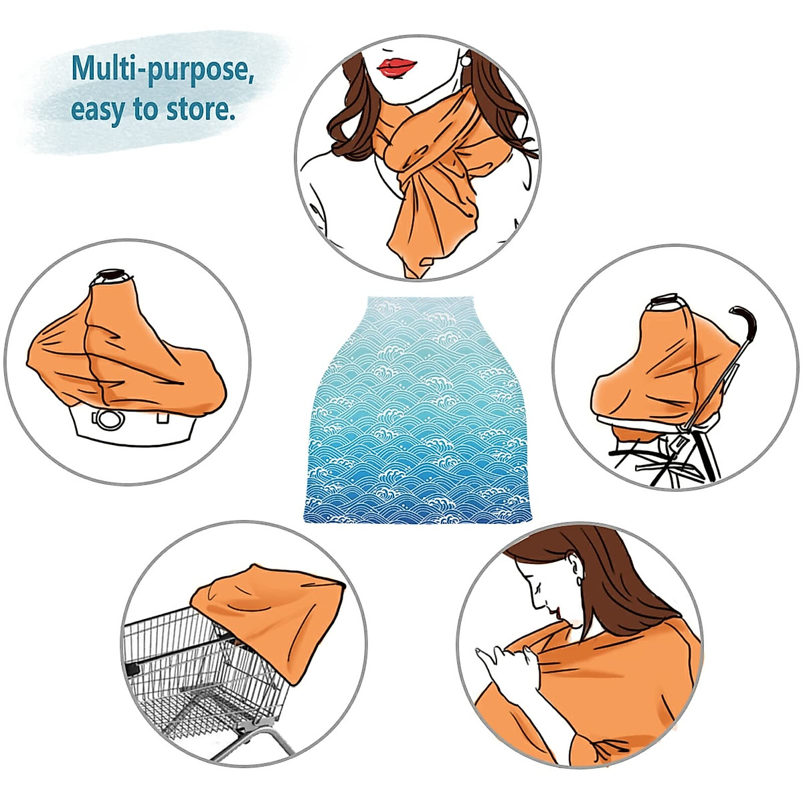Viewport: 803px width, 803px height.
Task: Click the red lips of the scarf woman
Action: [397, 66]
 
